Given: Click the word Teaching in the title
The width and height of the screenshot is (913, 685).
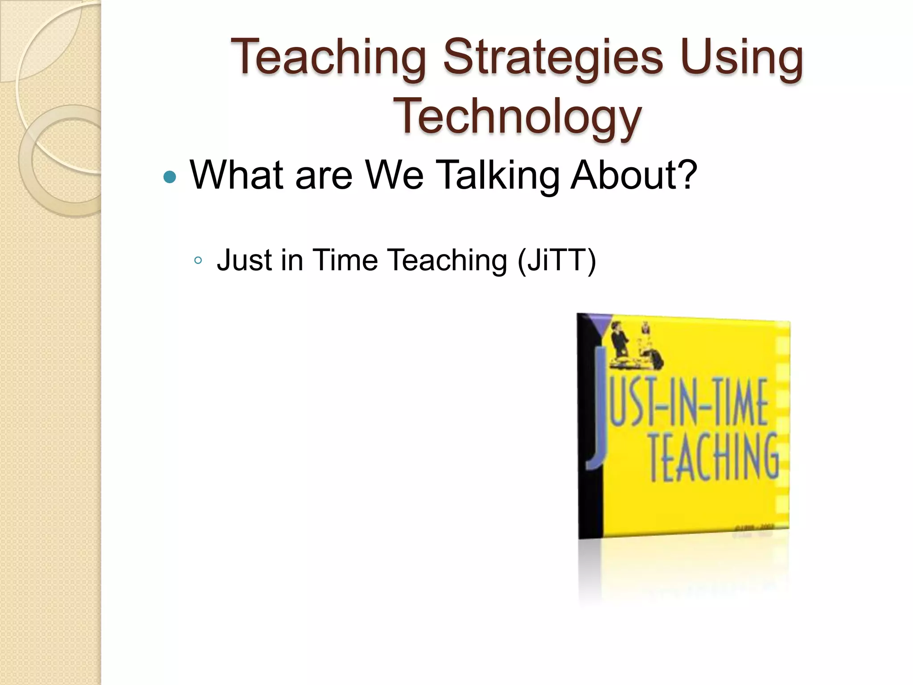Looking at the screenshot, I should [329, 58].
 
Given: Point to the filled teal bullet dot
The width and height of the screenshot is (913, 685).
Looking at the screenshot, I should [170, 177].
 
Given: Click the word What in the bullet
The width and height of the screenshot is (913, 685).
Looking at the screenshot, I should [237, 175].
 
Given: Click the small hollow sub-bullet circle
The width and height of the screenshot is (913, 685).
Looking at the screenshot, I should [198, 260].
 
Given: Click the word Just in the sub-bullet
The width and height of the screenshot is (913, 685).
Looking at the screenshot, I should [244, 260].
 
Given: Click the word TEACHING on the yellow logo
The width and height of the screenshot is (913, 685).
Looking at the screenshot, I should [713, 457].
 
